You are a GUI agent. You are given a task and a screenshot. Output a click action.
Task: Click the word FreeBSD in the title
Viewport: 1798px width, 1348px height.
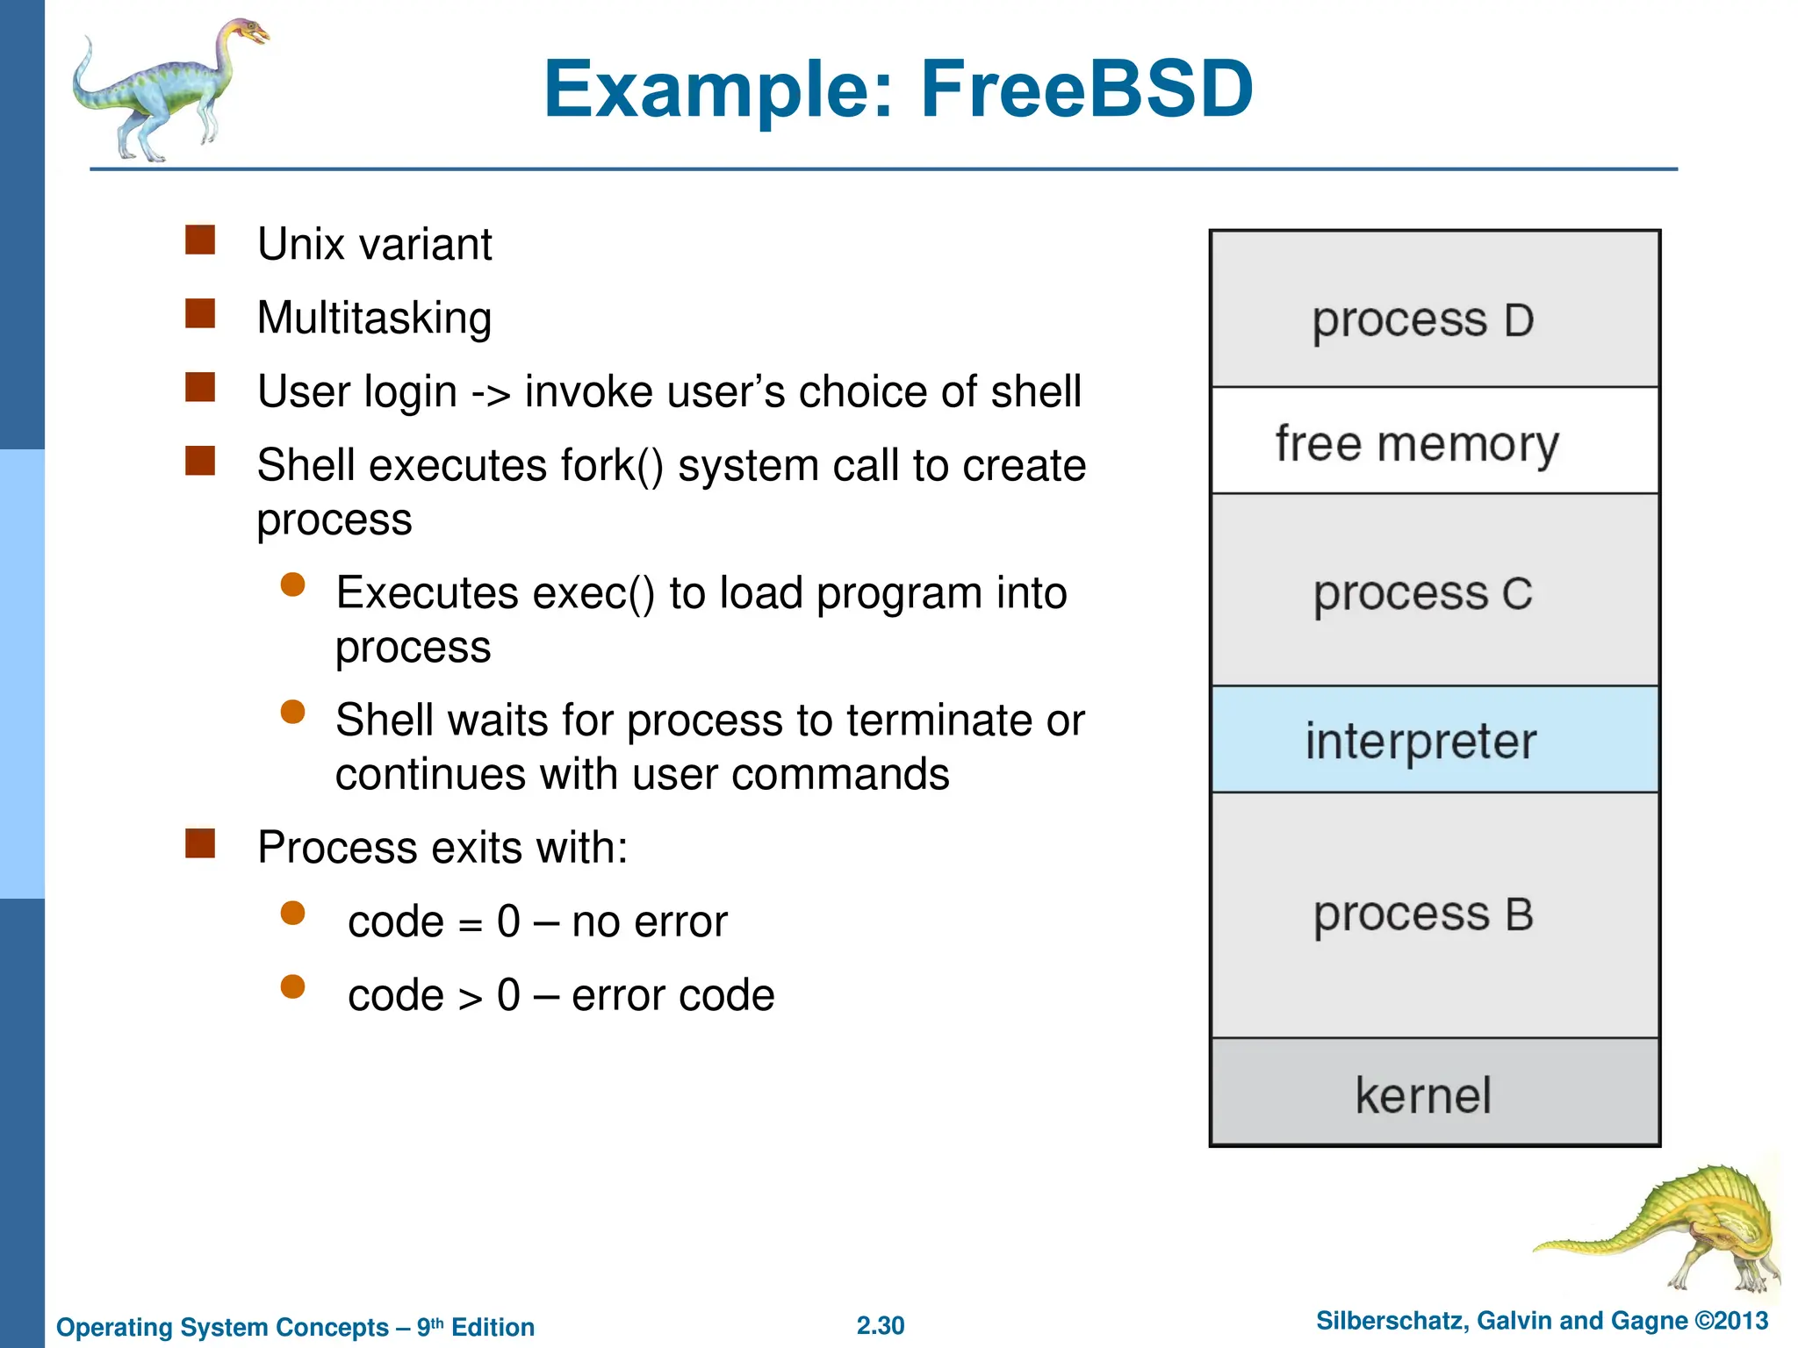[1086, 90]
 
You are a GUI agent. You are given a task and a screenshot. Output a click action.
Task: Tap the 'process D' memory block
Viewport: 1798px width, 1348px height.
[1435, 310]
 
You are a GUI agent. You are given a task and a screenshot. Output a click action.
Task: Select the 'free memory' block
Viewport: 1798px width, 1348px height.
[1435, 441]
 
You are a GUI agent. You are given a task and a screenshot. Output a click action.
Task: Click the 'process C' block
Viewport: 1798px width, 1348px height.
[1435, 591]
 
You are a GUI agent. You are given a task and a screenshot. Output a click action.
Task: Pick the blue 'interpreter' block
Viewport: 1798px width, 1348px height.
[1435, 740]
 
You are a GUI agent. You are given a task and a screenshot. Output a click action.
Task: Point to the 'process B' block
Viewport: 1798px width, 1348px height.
[1435, 914]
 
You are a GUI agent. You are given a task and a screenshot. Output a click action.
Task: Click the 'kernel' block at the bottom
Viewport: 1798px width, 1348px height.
[1435, 1093]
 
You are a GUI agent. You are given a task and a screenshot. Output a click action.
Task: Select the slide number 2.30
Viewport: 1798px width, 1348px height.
[880, 1325]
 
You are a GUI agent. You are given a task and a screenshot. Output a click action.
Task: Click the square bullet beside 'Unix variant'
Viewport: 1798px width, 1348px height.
[200, 240]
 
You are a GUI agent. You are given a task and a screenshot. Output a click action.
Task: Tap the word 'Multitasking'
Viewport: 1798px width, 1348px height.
[374, 318]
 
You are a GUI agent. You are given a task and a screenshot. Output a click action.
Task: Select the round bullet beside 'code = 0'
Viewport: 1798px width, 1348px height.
[292, 914]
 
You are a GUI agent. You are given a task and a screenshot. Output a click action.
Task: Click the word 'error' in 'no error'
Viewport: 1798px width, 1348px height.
[681, 921]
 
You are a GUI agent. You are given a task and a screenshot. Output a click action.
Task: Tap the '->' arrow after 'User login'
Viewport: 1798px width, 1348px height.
[490, 393]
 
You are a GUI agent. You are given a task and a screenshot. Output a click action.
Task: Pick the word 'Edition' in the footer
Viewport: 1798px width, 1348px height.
[493, 1327]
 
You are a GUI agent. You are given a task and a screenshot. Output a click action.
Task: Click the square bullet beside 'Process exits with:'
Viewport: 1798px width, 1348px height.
[200, 843]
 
